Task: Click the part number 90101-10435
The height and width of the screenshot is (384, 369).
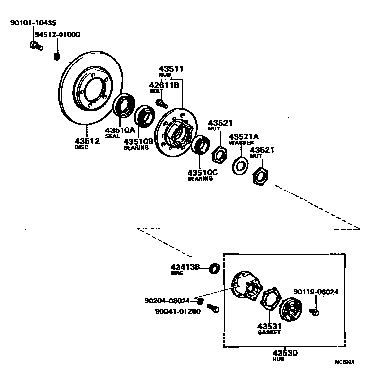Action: point(33,23)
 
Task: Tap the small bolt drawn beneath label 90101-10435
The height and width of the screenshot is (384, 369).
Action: point(35,46)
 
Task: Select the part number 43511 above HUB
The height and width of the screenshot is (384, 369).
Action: point(171,69)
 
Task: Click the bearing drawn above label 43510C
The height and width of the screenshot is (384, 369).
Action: point(201,145)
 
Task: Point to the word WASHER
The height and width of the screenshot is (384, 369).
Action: point(241,143)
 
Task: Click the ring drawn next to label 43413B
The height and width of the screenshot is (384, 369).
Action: point(214,269)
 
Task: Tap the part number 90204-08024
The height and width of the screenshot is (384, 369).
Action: point(167,301)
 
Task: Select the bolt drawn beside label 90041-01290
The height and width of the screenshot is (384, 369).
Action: point(213,309)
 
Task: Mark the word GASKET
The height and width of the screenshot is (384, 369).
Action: point(269,332)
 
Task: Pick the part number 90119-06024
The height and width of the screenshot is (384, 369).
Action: point(315,292)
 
